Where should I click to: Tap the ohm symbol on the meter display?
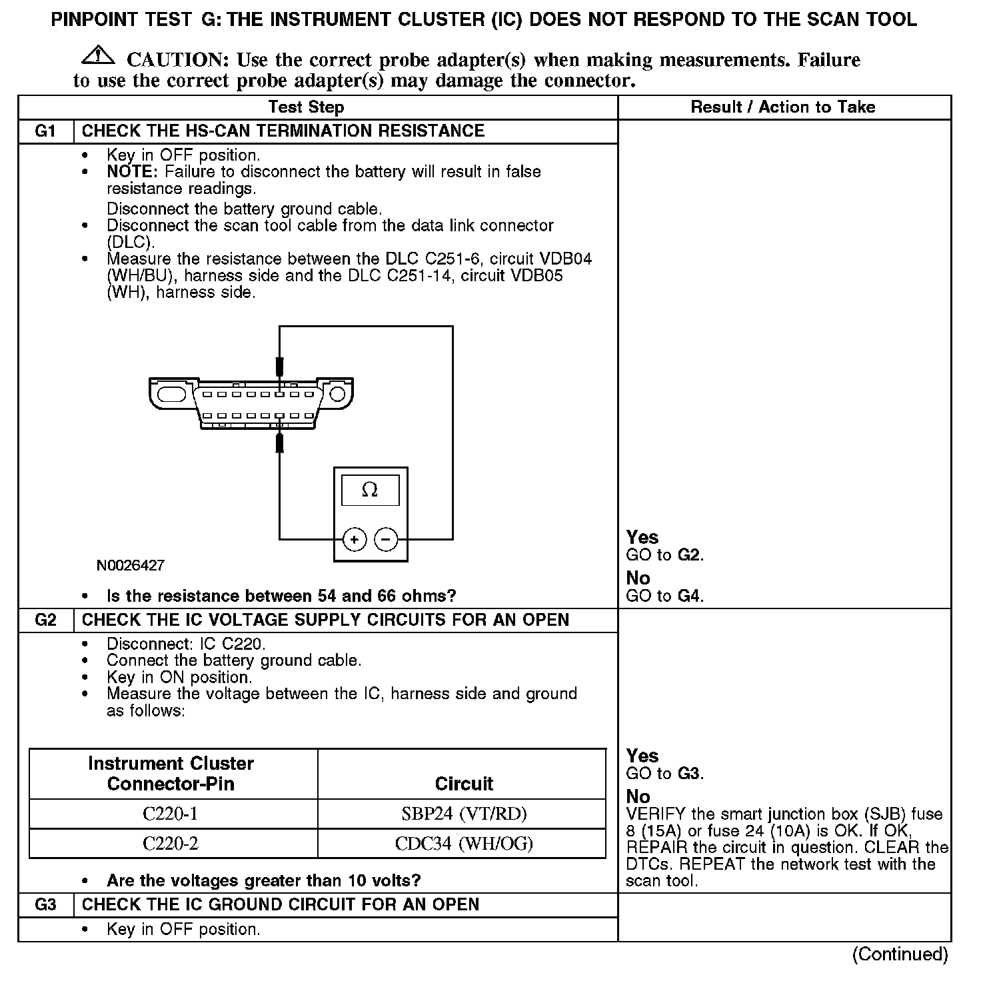click(x=370, y=491)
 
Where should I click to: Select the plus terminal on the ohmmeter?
click(x=355, y=539)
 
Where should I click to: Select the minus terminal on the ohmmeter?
click(x=387, y=539)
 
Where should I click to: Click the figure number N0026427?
click(x=131, y=566)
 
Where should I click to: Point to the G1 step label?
click(x=45, y=131)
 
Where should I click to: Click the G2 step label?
click(x=45, y=620)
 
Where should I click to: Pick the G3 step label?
click(x=45, y=905)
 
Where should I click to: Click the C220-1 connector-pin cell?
click(x=171, y=814)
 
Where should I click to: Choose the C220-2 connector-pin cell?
click(x=171, y=844)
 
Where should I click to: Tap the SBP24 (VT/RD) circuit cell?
click(x=464, y=814)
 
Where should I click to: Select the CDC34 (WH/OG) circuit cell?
click(x=464, y=844)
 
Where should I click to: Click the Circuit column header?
click(x=464, y=784)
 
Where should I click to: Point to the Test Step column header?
click(x=306, y=107)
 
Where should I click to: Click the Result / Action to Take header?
click(x=783, y=107)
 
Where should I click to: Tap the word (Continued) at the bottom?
click(x=900, y=954)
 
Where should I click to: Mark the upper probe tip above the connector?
click(x=280, y=367)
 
